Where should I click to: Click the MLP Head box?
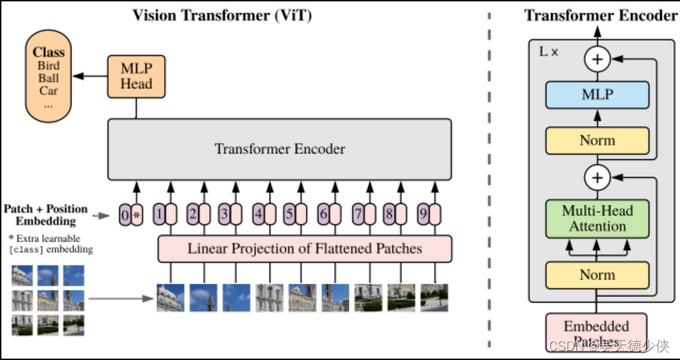pos(136,76)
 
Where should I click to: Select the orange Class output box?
pos(48,78)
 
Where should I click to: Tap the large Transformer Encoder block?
pos(279,149)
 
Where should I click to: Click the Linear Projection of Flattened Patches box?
pos(305,249)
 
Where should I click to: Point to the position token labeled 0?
pos(125,215)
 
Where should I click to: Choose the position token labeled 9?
pos(423,215)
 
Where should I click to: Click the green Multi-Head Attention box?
pos(597,219)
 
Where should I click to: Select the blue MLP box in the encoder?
pos(597,95)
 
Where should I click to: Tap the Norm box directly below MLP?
pos(597,141)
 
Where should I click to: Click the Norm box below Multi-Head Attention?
pos(597,275)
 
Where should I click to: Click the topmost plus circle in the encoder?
pos(597,60)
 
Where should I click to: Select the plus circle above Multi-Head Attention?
pos(597,178)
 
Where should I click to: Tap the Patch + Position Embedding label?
pos(46,215)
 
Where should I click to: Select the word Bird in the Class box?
pos(48,66)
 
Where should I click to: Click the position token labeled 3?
pos(223,215)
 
